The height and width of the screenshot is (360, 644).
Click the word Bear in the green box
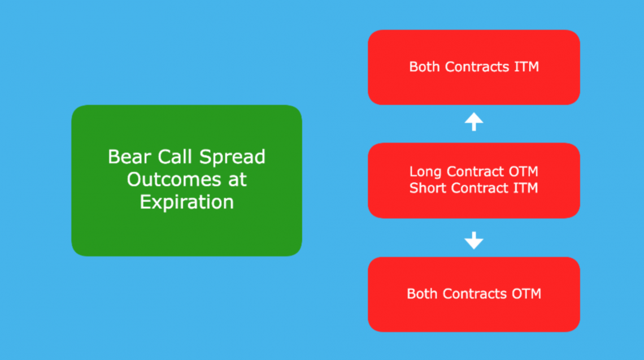(129, 157)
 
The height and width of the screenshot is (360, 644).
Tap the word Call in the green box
(175, 157)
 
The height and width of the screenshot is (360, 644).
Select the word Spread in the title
(233, 158)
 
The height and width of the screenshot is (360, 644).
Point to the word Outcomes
(174, 180)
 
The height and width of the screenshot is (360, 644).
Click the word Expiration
(187, 202)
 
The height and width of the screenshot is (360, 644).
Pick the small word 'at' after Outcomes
(237, 180)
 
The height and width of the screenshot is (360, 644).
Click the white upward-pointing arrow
(474, 122)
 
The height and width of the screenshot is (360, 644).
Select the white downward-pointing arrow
(474, 240)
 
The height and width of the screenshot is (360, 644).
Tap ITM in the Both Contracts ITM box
(526, 67)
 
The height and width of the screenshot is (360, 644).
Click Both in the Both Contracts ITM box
(424, 67)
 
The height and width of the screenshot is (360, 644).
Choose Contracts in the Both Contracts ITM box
(477, 67)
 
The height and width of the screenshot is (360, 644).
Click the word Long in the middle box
(425, 172)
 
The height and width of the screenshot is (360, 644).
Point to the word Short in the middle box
(428, 188)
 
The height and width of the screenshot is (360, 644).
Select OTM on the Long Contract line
(524, 171)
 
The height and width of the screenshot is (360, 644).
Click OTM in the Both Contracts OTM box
(526, 294)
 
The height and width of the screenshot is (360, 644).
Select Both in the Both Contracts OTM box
(422, 294)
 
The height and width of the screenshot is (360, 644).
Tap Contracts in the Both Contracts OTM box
(475, 294)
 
